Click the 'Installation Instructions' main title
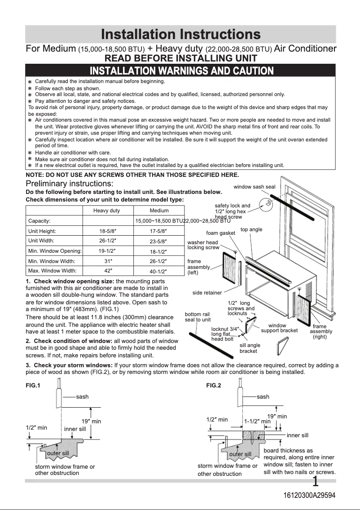(180, 34)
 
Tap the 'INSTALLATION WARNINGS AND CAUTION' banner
(181, 70)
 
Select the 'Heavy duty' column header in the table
(106, 211)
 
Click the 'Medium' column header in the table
(159, 211)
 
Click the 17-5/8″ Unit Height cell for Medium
(159, 232)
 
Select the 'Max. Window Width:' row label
(52, 271)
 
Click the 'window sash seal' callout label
(254, 187)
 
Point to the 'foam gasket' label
(220, 233)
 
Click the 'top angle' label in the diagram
(251, 229)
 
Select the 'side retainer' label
(207, 293)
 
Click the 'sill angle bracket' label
(250, 348)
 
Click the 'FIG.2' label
(214, 385)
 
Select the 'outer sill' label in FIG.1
(58, 453)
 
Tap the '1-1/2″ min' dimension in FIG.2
(257, 422)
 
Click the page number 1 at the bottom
(316, 482)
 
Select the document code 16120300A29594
(309, 495)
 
